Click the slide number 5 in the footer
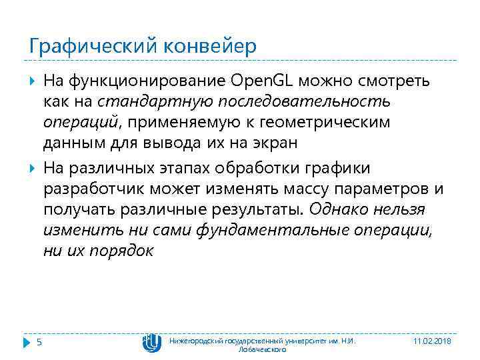click(39, 342)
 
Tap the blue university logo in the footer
click(151, 342)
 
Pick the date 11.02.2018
click(432, 341)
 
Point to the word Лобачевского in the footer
click(263, 349)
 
